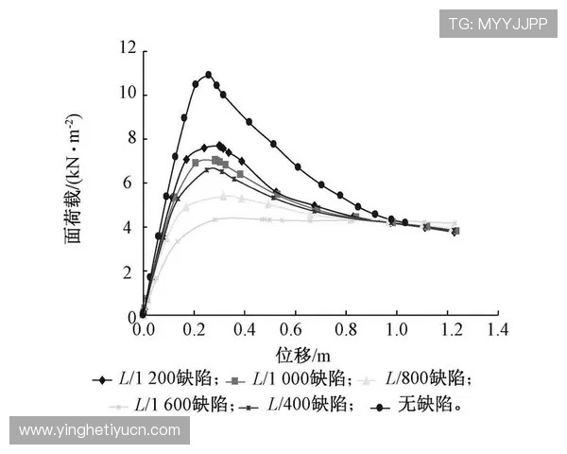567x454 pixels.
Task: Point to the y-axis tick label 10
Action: [x=127, y=94]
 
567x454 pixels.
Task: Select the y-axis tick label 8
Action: [x=130, y=138]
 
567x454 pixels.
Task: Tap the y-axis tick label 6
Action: [x=130, y=183]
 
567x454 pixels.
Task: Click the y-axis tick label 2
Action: [x=130, y=272]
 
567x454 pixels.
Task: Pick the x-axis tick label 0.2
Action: [x=194, y=331]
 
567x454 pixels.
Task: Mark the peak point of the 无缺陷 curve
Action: [x=208, y=74]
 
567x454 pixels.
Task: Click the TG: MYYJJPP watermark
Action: [x=497, y=23]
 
